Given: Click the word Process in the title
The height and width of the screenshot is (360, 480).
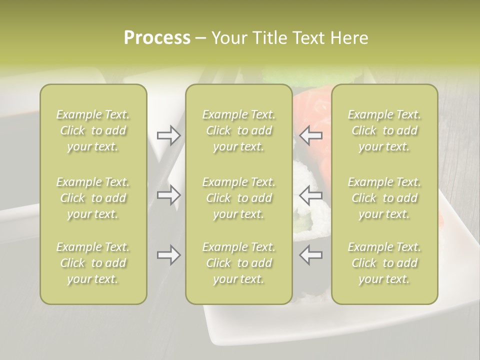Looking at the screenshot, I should point(157,38).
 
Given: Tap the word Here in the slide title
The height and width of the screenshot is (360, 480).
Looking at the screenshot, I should point(349,38).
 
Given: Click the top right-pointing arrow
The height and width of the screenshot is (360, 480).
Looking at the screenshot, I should point(168,135).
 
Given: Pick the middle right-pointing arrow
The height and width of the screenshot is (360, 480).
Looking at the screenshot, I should point(168,195).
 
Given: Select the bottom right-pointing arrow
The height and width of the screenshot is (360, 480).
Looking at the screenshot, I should point(168,255).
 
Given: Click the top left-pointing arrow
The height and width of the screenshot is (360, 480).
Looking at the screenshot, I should point(311,135).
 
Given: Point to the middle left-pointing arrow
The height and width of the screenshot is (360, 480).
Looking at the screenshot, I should point(311,195).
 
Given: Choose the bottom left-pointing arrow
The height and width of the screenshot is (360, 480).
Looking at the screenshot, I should point(311,255).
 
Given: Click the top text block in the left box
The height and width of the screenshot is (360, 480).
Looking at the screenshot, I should point(93,130).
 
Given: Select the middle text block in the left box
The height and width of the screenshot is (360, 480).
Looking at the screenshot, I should point(93,198).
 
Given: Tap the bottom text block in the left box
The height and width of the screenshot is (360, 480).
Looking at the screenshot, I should point(93,263).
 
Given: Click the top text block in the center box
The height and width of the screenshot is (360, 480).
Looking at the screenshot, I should point(239,130).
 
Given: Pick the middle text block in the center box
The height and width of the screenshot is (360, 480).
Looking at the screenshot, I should point(239,198).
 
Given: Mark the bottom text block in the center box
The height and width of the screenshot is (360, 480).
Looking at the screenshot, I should point(239,263).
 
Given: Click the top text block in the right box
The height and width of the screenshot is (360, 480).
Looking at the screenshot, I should point(384,130).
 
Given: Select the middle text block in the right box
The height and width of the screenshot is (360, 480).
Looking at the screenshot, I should point(384,198).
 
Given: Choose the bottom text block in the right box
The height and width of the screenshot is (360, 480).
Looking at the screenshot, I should point(384,263).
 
